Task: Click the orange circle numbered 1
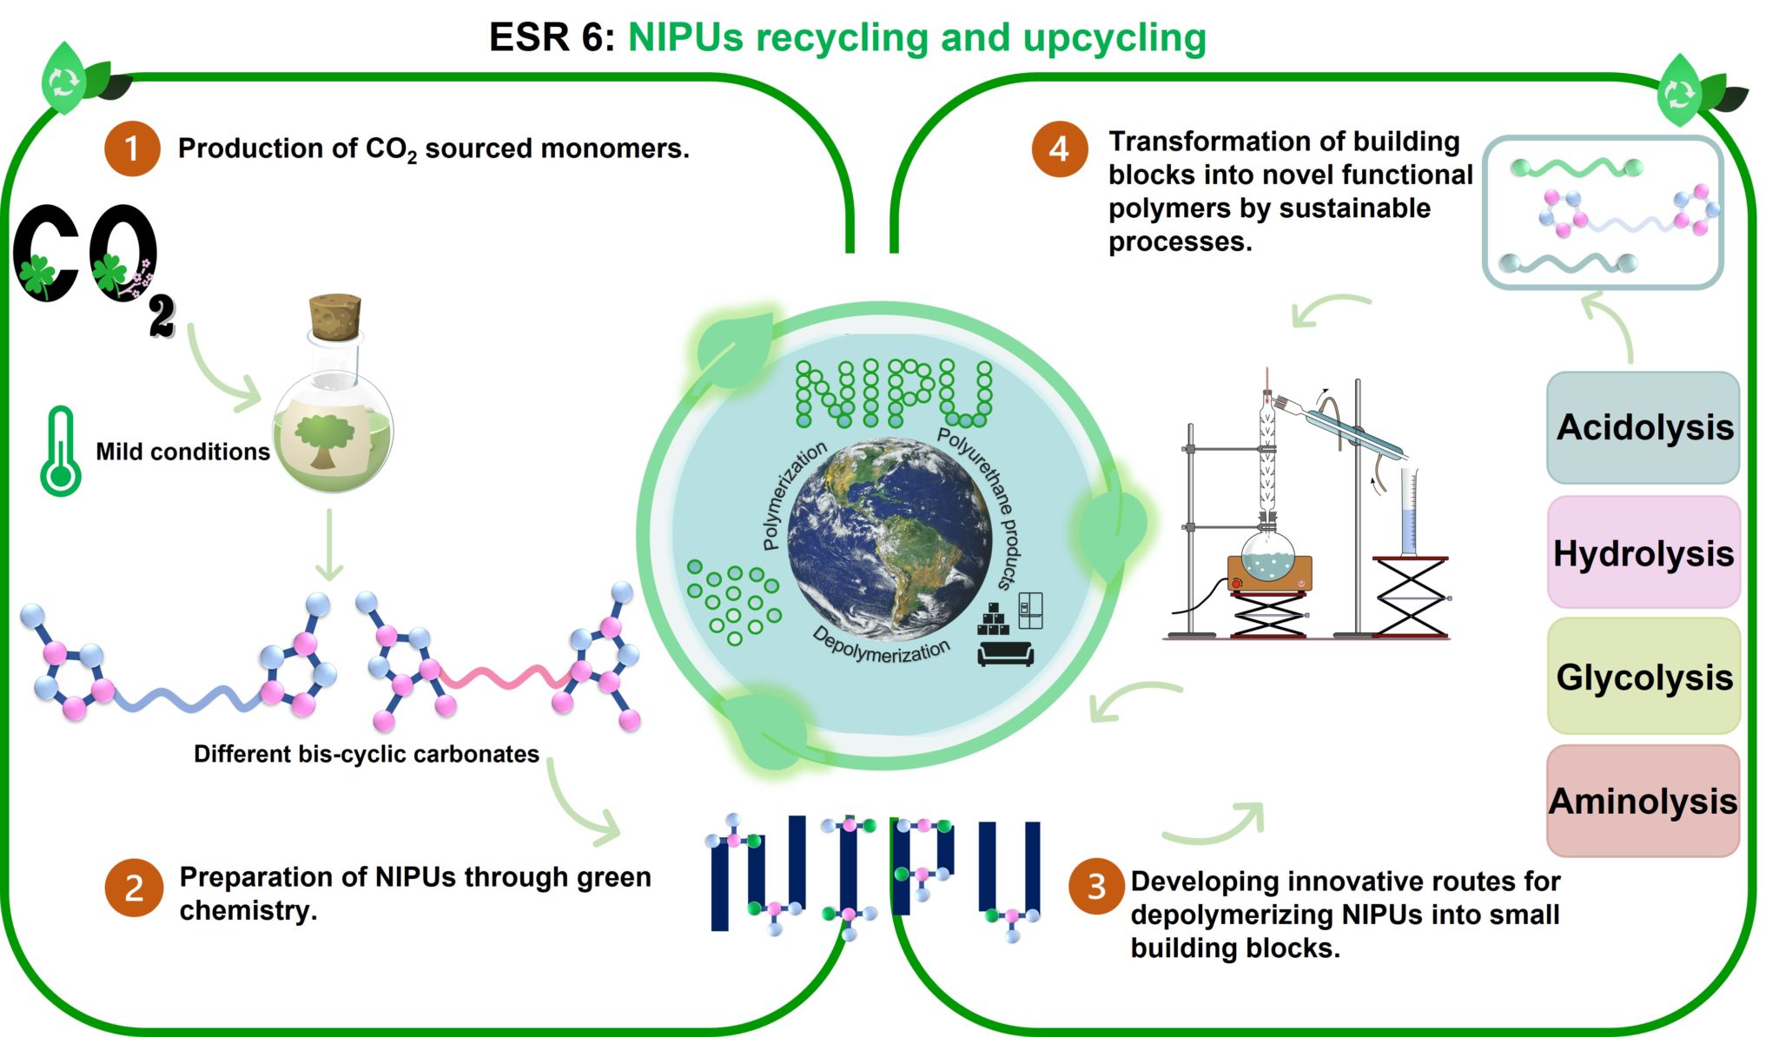(x=132, y=149)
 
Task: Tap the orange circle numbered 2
(x=134, y=888)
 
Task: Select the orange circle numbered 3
(x=1097, y=887)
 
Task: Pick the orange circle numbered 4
(x=1060, y=149)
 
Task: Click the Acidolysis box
(x=1643, y=427)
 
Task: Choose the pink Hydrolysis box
(x=1643, y=552)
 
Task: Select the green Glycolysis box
(x=1643, y=677)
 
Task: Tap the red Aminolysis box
(x=1643, y=801)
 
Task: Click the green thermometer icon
(x=61, y=451)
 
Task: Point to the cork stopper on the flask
(x=335, y=317)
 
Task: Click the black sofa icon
(x=1006, y=654)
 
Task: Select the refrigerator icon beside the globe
(x=1030, y=611)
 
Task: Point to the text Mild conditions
(x=182, y=452)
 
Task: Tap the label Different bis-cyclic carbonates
(x=367, y=754)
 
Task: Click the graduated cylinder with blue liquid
(x=1409, y=512)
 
